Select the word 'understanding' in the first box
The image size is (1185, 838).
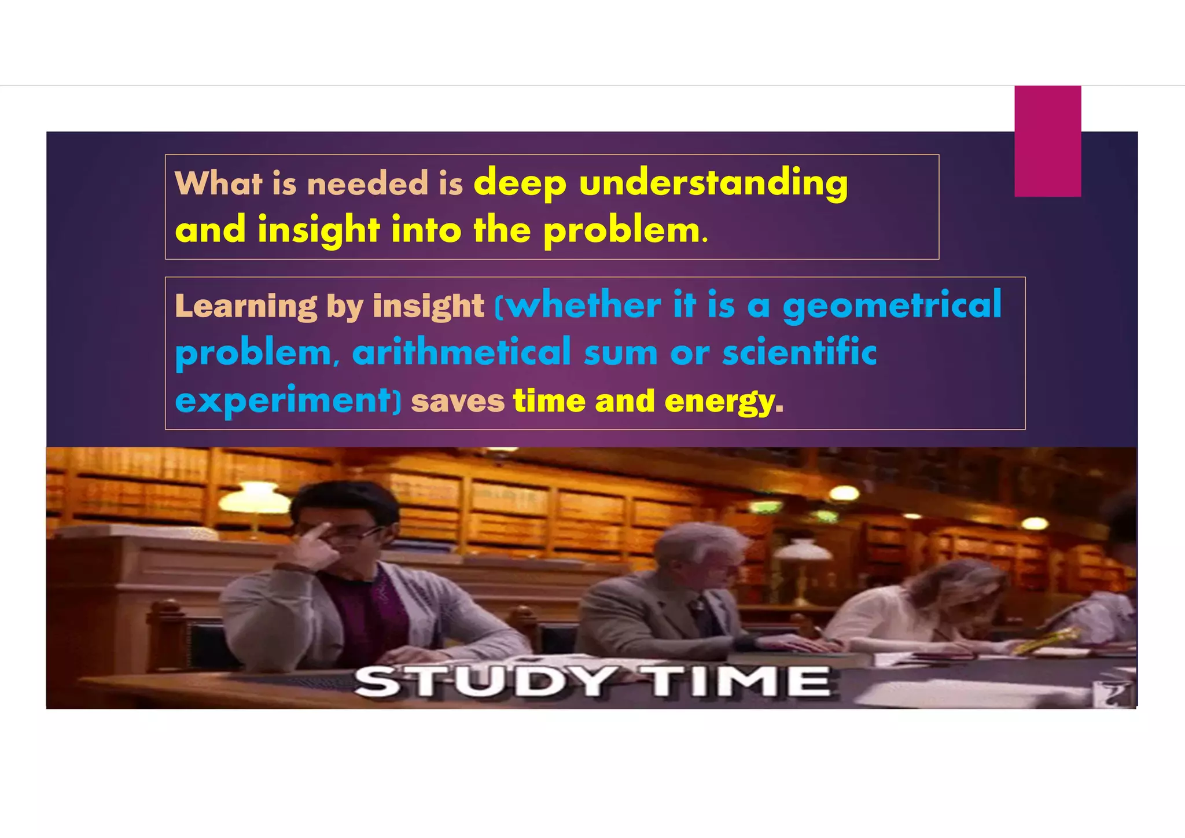tap(713, 184)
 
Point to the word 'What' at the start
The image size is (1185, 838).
tap(218, 184)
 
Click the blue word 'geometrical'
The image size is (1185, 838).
tap(892, 306)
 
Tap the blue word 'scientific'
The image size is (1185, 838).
tap(799, 352)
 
